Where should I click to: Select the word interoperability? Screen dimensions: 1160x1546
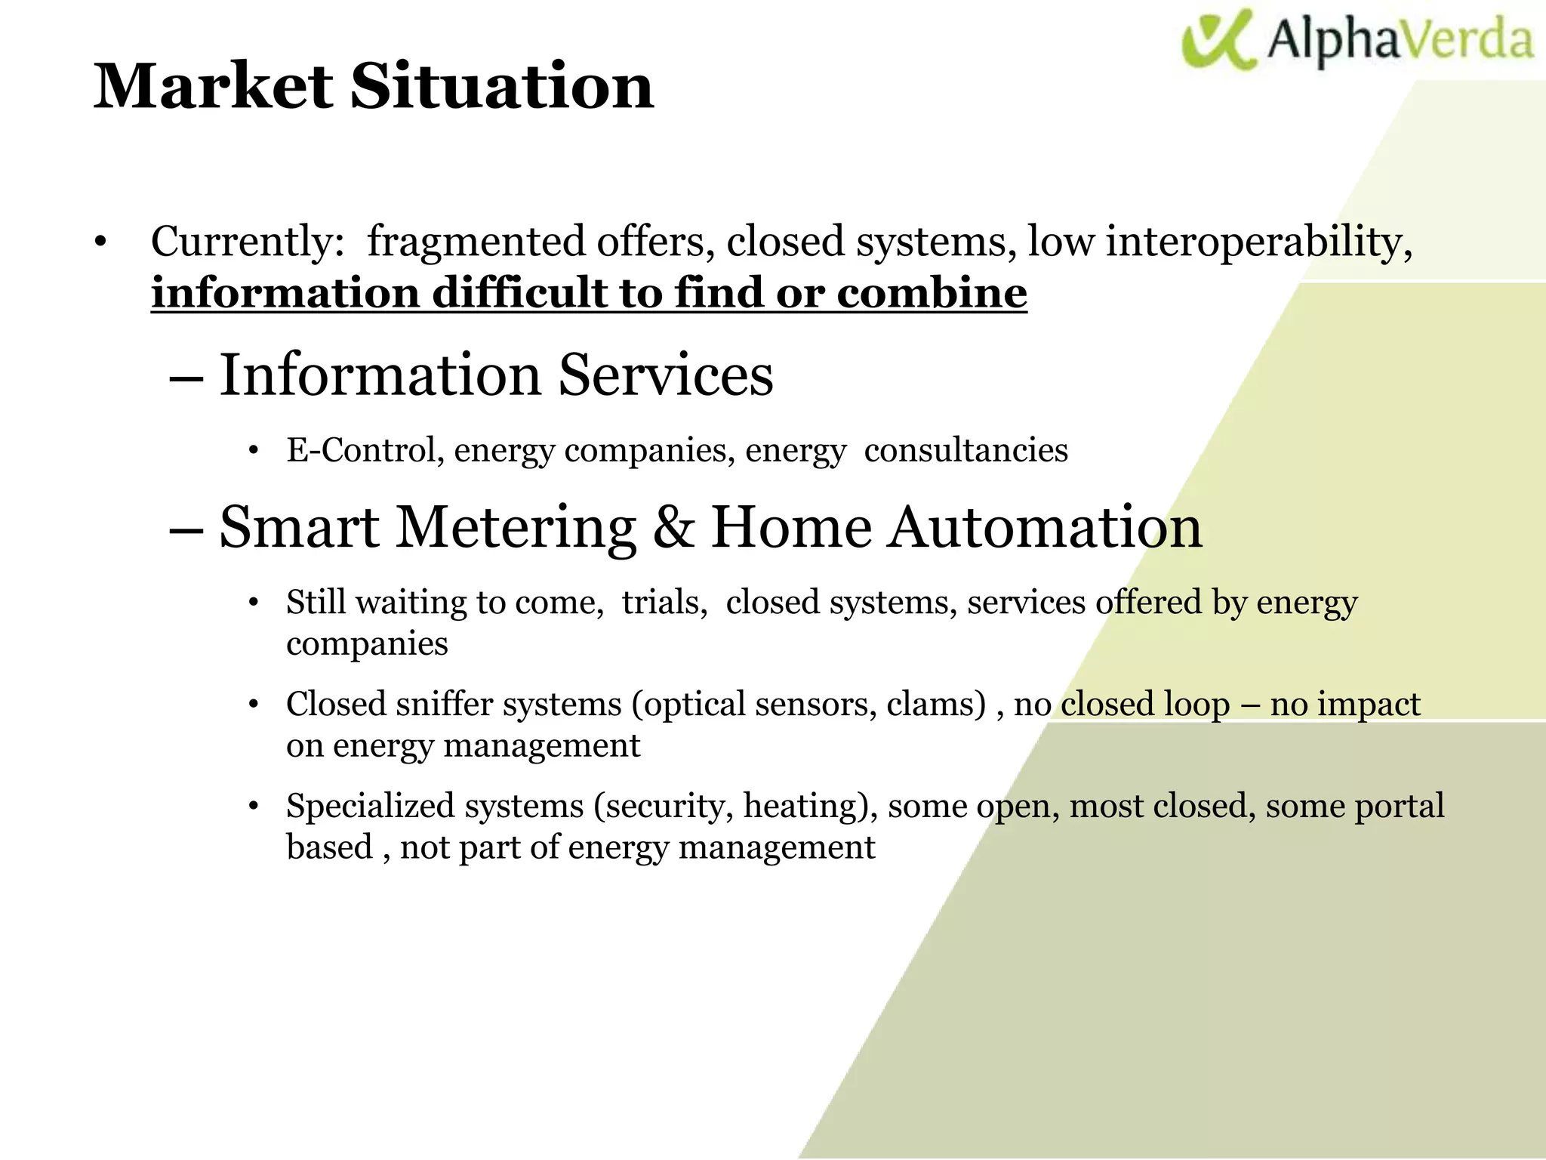click(1259, 242)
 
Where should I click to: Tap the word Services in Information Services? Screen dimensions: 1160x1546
click(665, 375)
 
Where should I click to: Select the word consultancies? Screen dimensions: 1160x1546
click(965, 451)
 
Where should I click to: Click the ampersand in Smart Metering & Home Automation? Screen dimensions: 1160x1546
click(673, 527)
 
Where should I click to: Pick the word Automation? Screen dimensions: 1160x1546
click(1044, 527)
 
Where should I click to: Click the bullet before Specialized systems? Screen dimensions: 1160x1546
click(254, 807)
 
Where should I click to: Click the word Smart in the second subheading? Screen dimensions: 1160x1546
click(299, 527)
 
